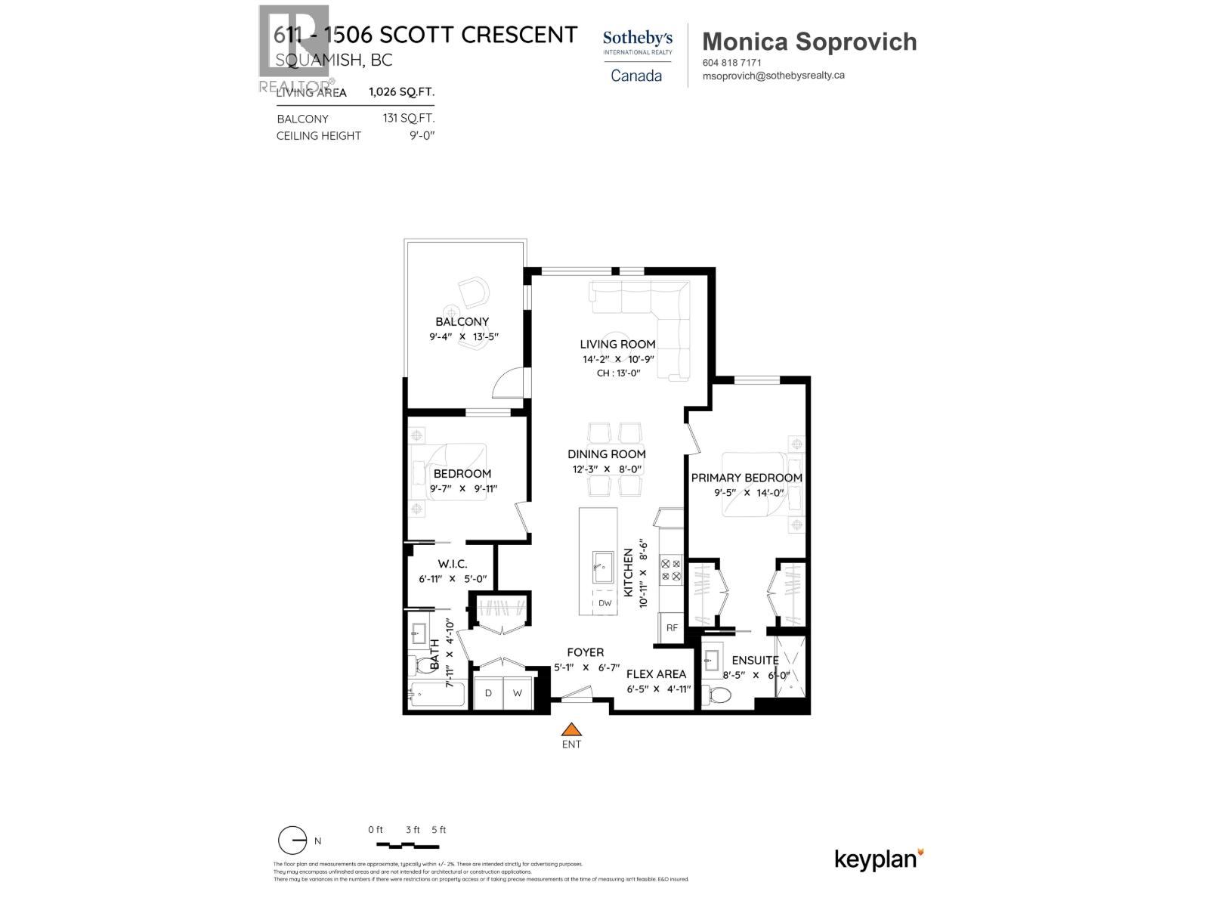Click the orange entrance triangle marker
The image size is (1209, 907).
tap(572, 729)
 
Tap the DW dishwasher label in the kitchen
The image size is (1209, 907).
tap(604, 603)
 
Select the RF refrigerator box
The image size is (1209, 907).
tap(672, 627)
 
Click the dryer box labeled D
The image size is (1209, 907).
tap(489, 693)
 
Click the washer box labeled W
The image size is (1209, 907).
tap(518, 693)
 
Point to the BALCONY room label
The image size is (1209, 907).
tap(462, 321)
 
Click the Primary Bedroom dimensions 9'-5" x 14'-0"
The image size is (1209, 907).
tap(746, 493)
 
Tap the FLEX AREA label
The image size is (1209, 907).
tap(657, 673)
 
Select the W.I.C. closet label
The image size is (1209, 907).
tap(453, 564)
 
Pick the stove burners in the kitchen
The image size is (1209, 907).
tap(671, 570)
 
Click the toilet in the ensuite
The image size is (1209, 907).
tap(719, 695)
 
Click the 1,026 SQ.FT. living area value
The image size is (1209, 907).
tap(401, 92)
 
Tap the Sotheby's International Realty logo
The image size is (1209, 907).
tap(636, 55)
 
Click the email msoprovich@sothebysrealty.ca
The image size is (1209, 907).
tap(773, 76)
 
